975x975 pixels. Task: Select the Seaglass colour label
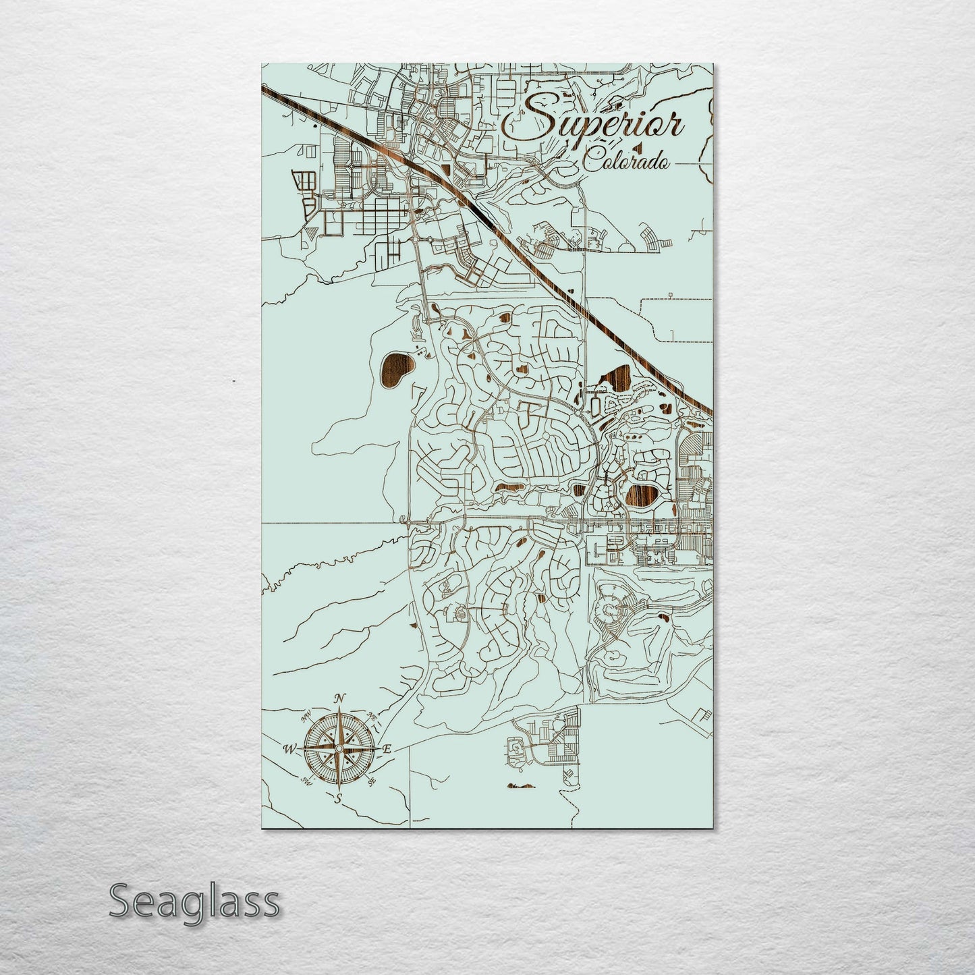(x=194, y=901)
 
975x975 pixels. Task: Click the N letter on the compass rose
(x=341, y=699)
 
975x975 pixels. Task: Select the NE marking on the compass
(x=370, y=717)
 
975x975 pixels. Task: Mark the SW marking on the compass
(x=308, y=781)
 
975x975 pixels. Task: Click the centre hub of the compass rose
(x=339, y=748)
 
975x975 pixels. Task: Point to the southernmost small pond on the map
(x=521, y=785)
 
